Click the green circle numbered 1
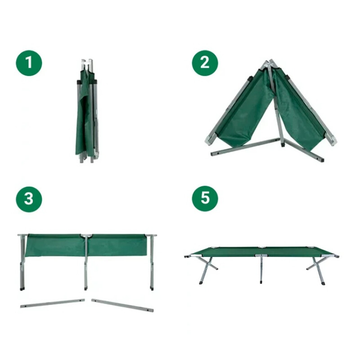[29, 63]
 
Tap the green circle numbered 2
[205, 63]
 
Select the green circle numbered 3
[29, 199]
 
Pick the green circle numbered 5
[205, 199]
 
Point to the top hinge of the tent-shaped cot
[269, 63]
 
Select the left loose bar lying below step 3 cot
[52, 303]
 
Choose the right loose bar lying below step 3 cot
[122, 305]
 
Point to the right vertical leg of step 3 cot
[152, 263]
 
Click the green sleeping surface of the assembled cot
[261, 251]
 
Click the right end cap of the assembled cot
[337, 256]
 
